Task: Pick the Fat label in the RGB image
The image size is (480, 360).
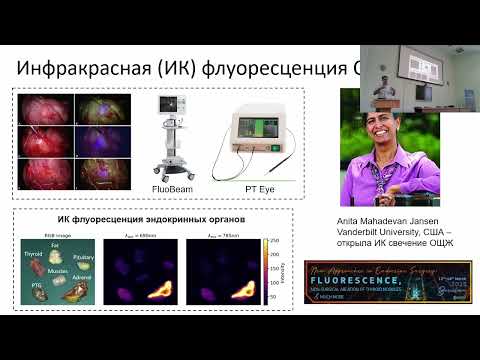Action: coord(56,243)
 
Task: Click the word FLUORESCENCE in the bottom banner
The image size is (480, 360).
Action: coord(398,283)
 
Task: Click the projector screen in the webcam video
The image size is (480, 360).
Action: coord(424,91)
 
